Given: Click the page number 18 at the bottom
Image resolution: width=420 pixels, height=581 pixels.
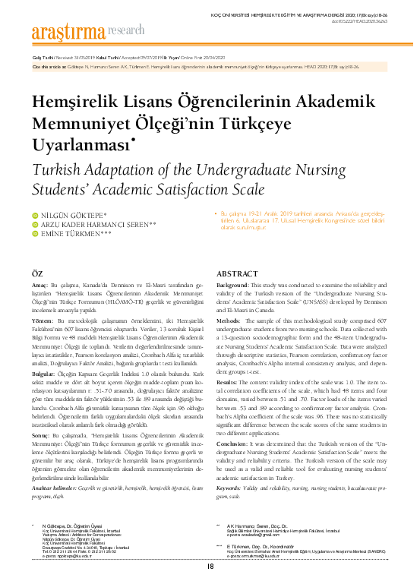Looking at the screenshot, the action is click(x=210, y=566).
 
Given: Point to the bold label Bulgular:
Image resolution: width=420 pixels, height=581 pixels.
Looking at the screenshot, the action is click(x=44, y=374).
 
